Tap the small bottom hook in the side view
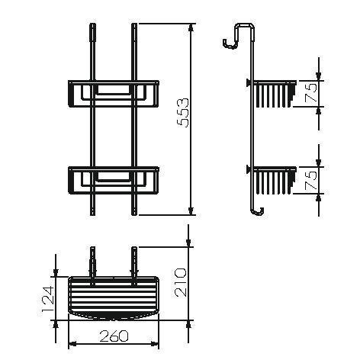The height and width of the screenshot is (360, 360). tap(259, 211)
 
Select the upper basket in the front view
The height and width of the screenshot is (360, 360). tap(112, 95)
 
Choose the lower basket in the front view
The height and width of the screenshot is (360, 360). tap(112, 181)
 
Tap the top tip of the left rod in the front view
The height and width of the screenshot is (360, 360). tap(92, 27)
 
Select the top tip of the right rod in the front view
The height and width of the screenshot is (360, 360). tap(134, 27)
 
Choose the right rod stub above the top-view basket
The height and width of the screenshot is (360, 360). tap(134, 259)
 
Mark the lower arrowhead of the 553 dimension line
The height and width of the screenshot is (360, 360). tap(190, 213)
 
